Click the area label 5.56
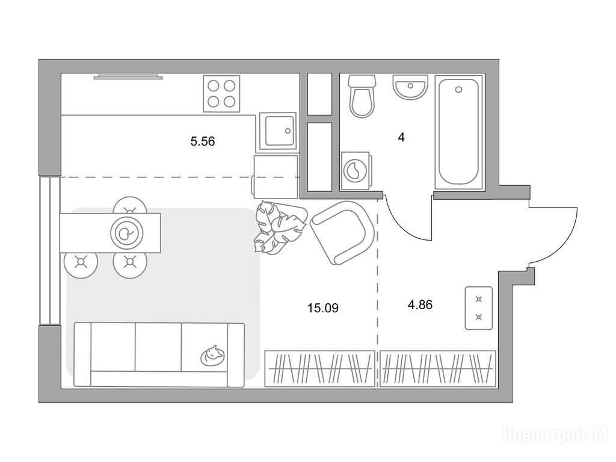click(x=203, y=141)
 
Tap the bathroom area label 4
click(x=401, y=138)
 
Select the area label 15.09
click(x=323, y=308)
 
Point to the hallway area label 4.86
click(x=420, y=304)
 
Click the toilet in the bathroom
click(x=362, y=96)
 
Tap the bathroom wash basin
click(x=410, y=87)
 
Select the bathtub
click(x=458, y=131)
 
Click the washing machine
click(x=355, y=171)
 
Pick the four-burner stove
click(x=221, y=93)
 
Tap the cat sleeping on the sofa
click(x=213, y=356)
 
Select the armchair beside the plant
click(x=342, y=233)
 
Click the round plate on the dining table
click(x=126, y=233)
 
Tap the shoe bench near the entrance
click(x=478, y=308)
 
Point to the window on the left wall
click(x=49, y=251)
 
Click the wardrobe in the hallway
click(x=438, y=369)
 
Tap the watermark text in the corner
click(x=555, y=435)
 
